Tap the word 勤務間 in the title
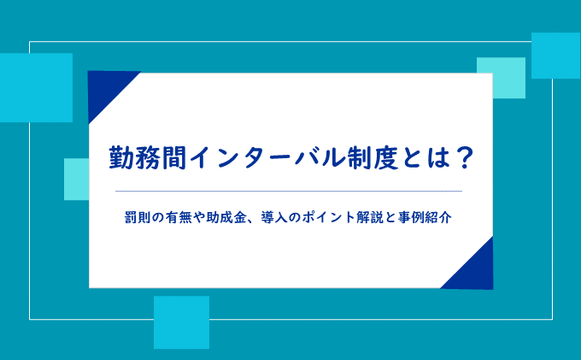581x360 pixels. (148, 158)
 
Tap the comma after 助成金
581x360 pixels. (252, 221)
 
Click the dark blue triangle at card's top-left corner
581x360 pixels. (106, 89)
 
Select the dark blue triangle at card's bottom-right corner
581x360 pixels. (475, 271)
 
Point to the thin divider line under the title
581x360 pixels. (289, 192)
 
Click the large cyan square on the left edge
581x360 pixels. (36, 87)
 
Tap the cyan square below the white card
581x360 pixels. (181, 322)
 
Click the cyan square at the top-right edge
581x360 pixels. (556, 56)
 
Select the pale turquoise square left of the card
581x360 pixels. (76, 180)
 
